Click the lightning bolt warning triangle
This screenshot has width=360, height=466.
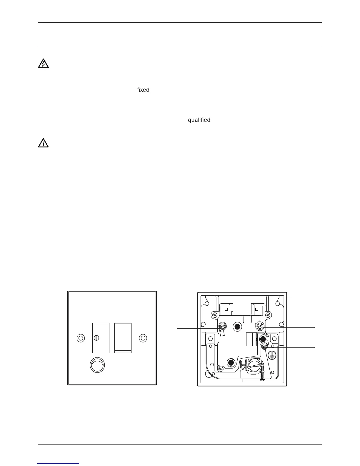coord(43,64)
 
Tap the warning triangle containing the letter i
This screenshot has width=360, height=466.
coord(43,143)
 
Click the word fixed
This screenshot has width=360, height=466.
coord(143,90)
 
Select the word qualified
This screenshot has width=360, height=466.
coord(199,120)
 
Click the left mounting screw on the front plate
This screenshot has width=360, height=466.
coord(80,338)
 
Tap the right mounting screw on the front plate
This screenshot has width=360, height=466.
coord(143,338)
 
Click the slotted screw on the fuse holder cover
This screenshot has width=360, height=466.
coord(97,338)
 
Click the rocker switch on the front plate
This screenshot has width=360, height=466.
coord(123,338)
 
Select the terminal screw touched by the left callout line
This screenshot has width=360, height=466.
coord(223,326)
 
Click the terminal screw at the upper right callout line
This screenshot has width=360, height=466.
coord(260,326)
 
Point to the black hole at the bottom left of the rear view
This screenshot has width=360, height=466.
coord(231,362)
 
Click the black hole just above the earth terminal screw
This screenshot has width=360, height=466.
coord(263,339)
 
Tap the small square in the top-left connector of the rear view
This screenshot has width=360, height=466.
coord(226,309)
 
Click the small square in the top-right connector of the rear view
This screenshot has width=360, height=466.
coord(256,309)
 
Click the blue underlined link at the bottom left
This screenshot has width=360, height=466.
coord(59,463)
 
